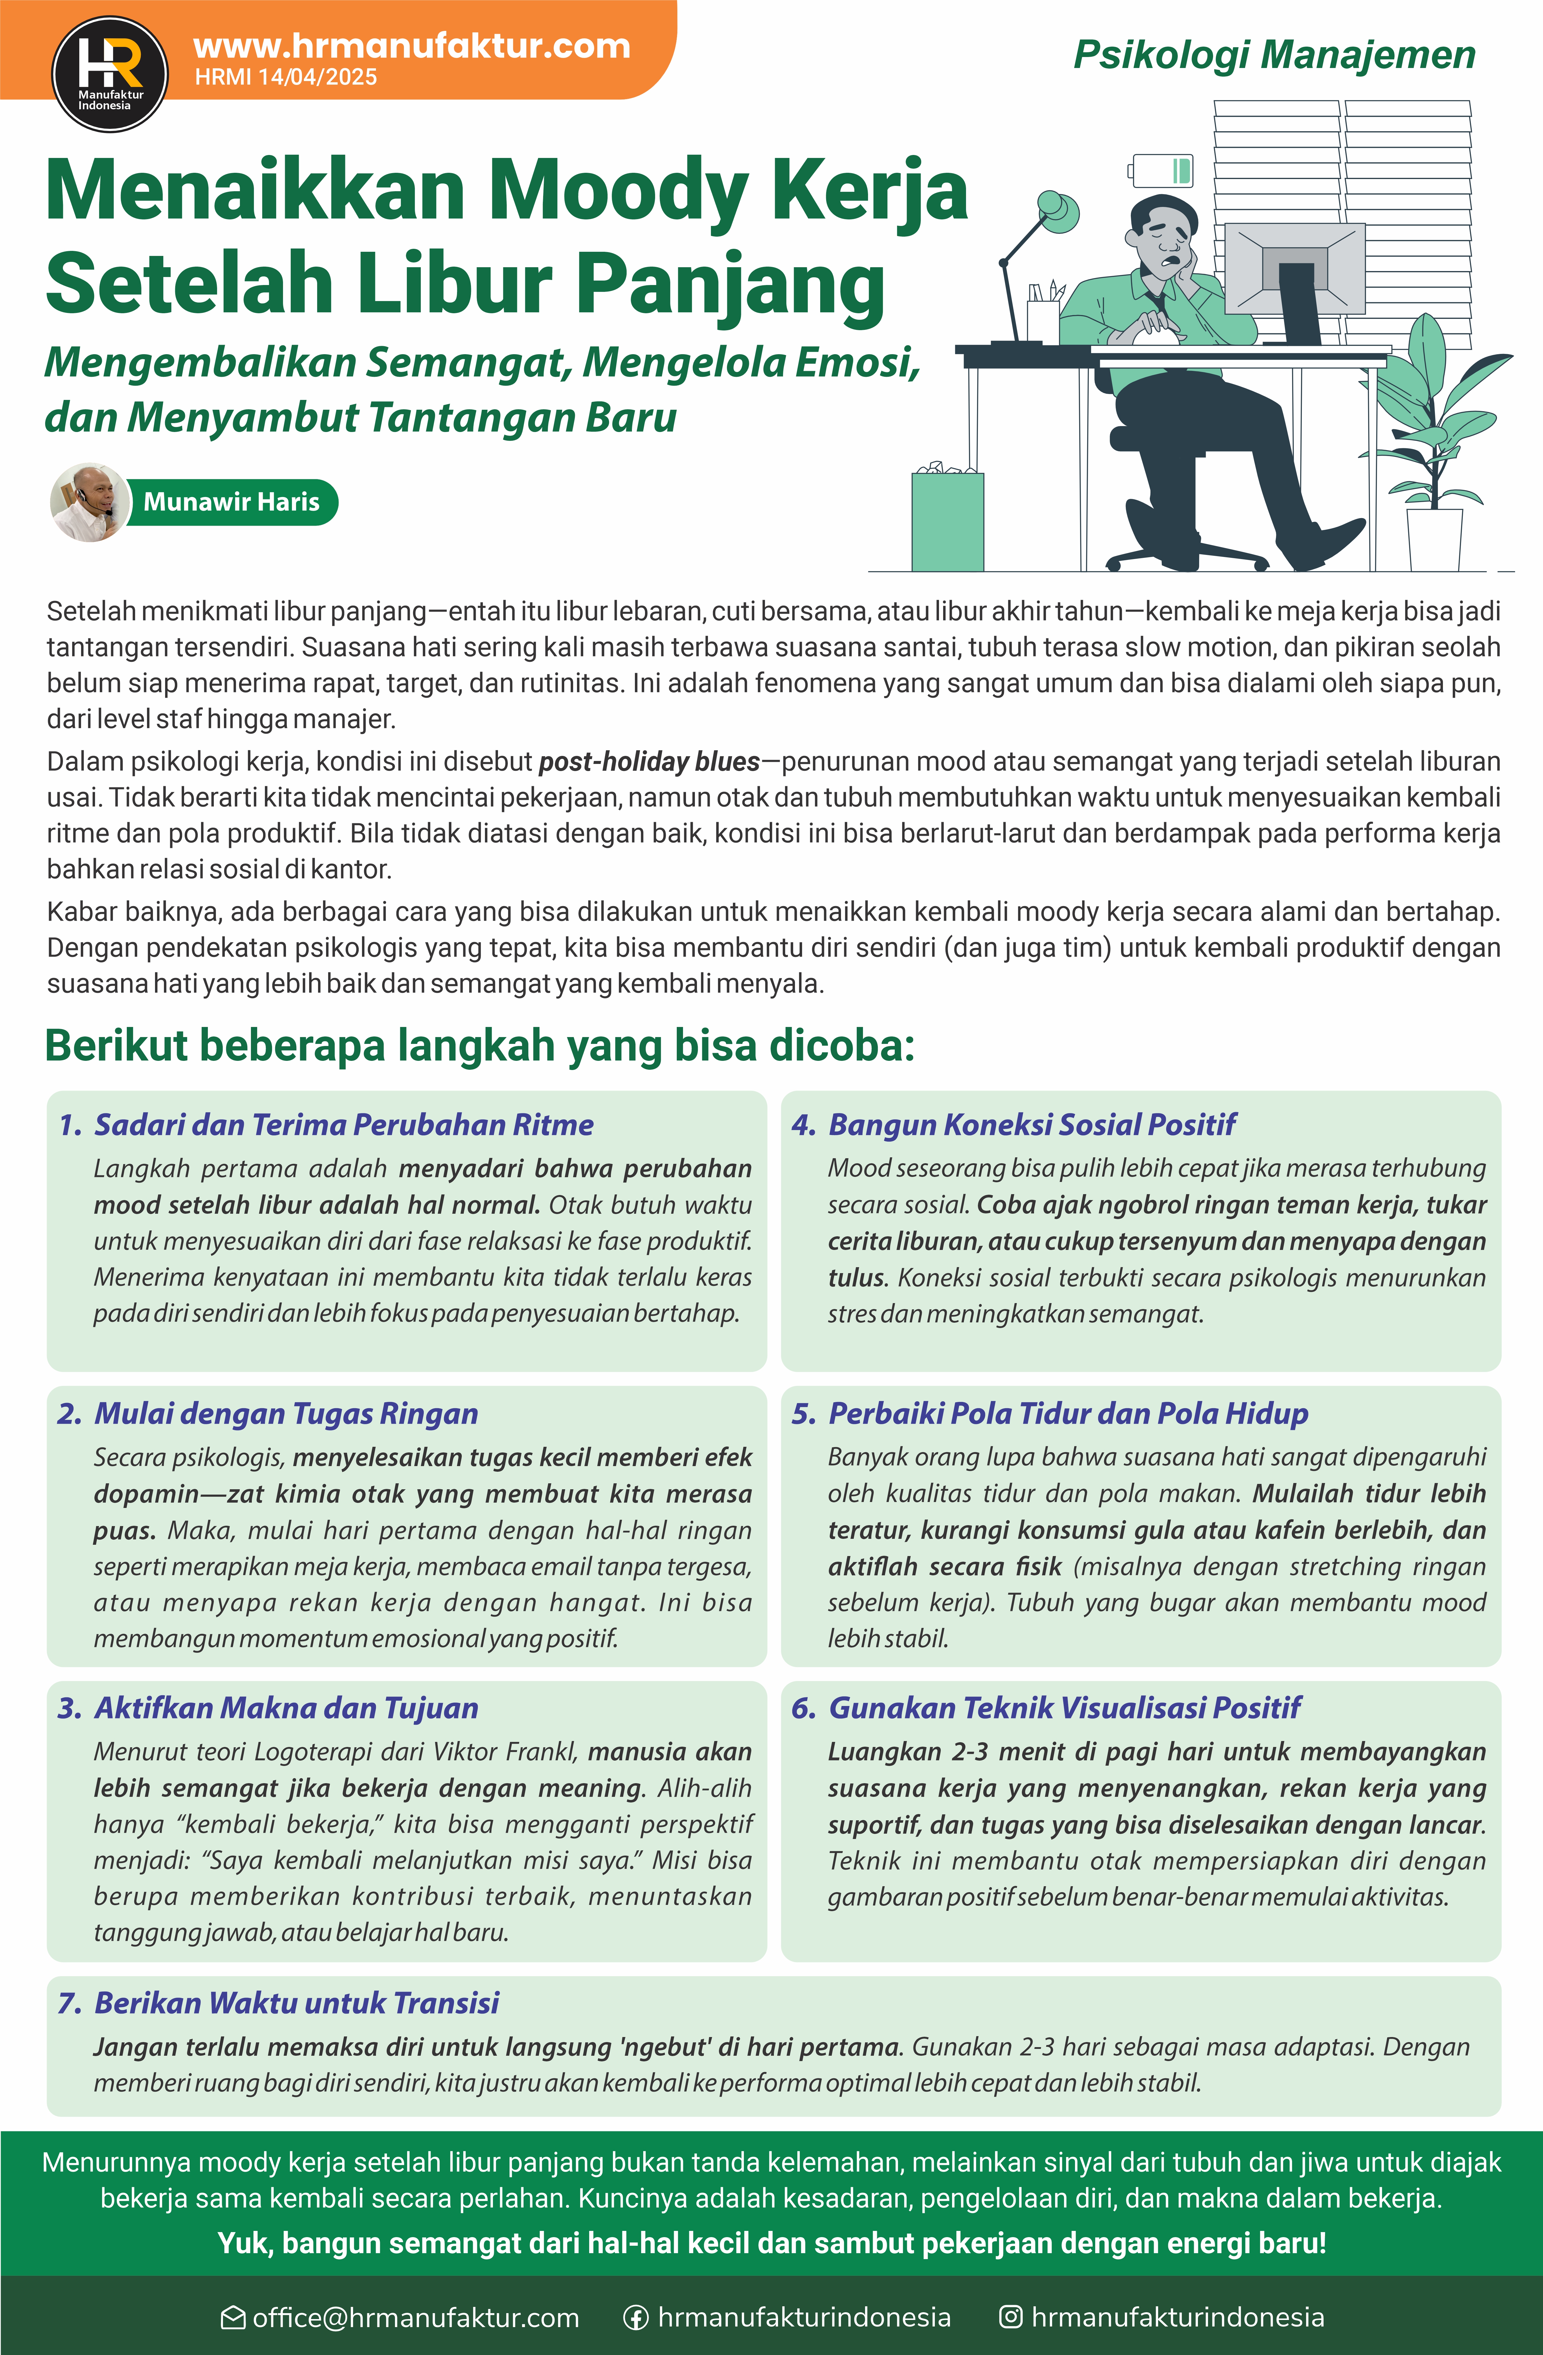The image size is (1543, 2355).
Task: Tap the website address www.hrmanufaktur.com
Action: [x=412, y=45]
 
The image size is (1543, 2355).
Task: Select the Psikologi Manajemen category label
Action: [x=1274, y=56]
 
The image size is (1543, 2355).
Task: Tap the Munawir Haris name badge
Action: [x=232, y=502]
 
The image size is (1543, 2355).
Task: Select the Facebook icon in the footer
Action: [x=635, y=2317]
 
